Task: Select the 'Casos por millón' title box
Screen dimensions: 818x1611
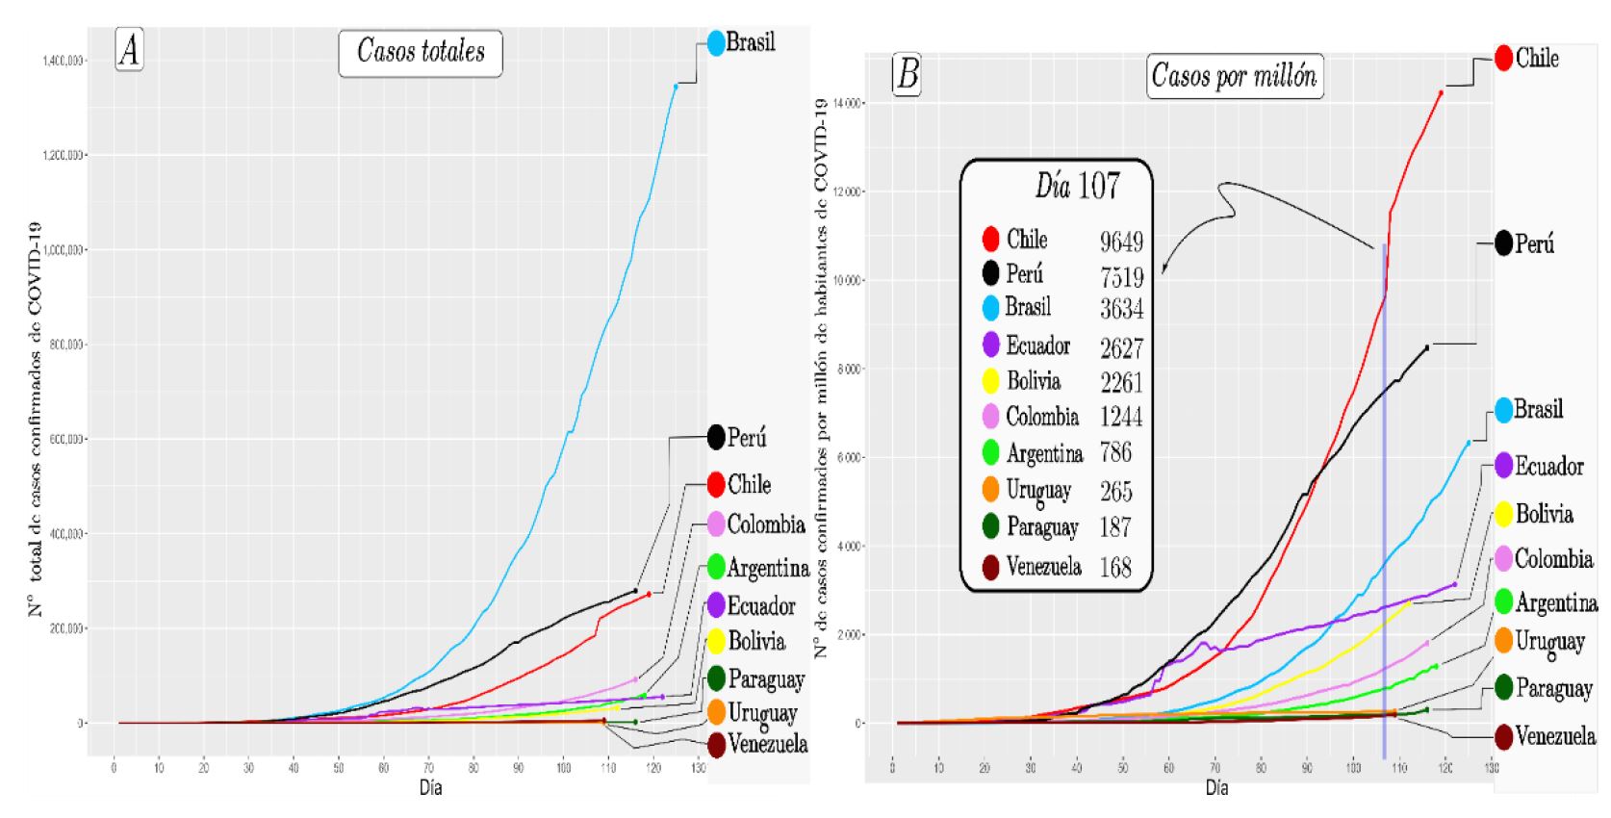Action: [x=1234, y=75]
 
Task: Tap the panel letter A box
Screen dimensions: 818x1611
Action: [x=129, y=50]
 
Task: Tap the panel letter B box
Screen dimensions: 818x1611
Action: [x=907, y=74]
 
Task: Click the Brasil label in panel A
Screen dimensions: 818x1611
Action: [x=750, y=42]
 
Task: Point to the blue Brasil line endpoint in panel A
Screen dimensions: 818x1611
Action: [x=676, y=87]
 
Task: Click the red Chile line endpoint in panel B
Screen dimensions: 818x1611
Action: [x=1441, y=92]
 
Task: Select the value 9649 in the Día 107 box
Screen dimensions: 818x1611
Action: [x=1121, y=242]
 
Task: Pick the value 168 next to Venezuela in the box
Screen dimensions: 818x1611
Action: [x=1115, y=567]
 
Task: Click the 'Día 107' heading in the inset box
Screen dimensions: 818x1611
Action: [x=1077, y=186]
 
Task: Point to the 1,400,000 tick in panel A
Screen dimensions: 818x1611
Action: [x=64, y=61]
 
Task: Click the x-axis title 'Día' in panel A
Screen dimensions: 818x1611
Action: [x=430, y=788]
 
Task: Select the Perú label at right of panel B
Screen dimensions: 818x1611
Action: [x=1534, y=244]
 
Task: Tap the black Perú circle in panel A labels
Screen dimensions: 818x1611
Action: [x=716, y=437]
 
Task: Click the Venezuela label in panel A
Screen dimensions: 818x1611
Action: [x=767, y=744]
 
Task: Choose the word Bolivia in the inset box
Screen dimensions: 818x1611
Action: [x=1034, y=381]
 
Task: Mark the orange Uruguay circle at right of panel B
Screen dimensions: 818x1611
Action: [x=1503, y=640]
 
